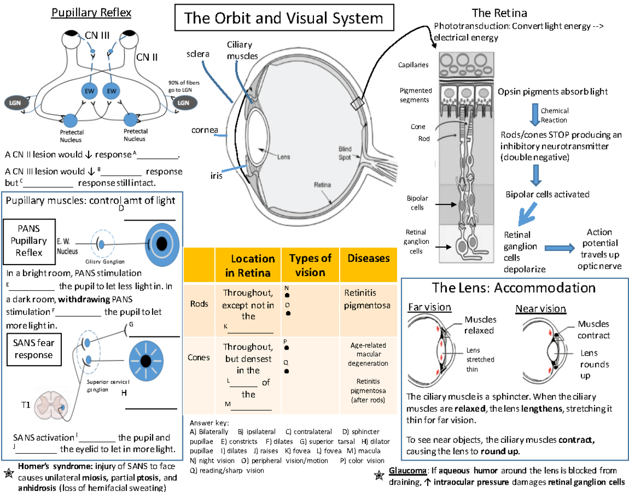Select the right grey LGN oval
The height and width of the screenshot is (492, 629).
tap(183, 103)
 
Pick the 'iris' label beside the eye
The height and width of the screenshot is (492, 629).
tap(214, 176)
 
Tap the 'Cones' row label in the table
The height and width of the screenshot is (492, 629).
tap(199, 357)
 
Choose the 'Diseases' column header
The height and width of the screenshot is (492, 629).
tap(368, 258)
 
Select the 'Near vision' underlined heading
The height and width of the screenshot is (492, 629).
tap(540, 308)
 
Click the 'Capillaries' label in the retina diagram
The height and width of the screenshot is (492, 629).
tap(414, 65)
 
